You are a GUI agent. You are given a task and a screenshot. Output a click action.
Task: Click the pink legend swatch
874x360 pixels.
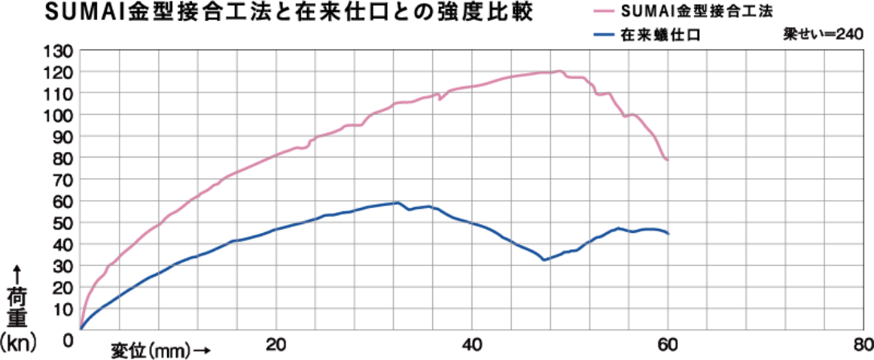point(604,11)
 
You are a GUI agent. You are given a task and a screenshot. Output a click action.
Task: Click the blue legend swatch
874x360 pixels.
point(604,35)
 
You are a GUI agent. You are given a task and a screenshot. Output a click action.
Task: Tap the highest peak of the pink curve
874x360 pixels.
point(558,71)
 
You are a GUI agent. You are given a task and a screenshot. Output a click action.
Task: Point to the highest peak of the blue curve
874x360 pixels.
point(394,202)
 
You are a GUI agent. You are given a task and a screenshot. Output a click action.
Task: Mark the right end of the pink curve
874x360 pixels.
point(668,161)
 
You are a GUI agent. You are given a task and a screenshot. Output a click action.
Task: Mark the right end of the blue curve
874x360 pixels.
point(669,233)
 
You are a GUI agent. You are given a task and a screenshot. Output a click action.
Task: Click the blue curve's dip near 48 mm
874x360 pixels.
point(545,260)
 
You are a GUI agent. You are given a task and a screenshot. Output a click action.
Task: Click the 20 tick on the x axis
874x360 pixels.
point(277,345)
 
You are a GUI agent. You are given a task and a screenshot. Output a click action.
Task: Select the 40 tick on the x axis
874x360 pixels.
point(473,345)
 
